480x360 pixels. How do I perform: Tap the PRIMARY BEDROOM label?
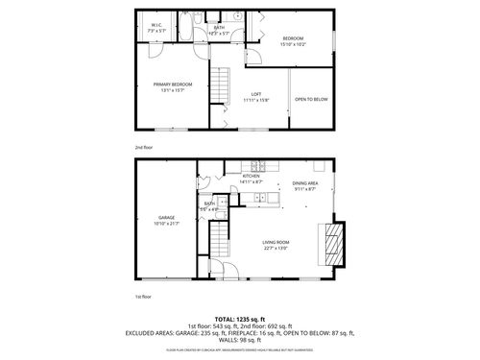[173, 87]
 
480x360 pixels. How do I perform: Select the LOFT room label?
[256, 96]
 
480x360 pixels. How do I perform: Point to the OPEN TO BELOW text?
[311, 99]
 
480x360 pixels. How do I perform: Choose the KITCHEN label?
[252, 179]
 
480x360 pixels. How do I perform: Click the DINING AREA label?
[305, 184]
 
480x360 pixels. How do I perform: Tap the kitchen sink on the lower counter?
[259, 198]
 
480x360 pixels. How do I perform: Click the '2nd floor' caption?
[143, 147]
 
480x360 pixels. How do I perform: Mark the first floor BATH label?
[209, 204]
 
